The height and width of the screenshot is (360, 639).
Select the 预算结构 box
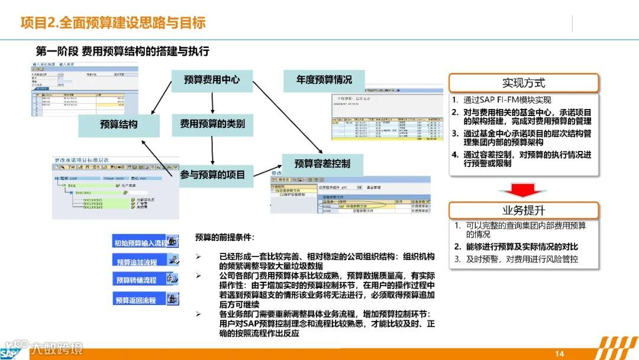pos(118,124)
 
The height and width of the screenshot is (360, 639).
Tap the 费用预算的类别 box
pos(212,124)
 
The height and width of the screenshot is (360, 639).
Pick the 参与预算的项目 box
pos(212,174)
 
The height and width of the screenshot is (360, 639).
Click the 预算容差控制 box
pos(322,164)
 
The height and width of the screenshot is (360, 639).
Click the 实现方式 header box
pos(524,83)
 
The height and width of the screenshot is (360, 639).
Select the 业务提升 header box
pos(524,210)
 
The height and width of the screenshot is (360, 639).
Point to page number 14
pos(560,353)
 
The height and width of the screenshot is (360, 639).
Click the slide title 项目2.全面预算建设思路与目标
pos(113,23)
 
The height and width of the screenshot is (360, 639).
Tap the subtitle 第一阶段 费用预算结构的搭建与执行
pos(122,52)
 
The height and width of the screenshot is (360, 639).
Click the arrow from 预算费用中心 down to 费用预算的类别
pos(212,102)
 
